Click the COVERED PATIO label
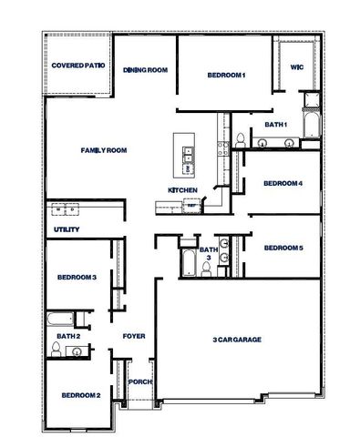click(78, 66)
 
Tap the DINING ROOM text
click(146, 69)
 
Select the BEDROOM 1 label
click(226, 75)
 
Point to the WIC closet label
click(296, 67)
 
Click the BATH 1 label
click(276, 124)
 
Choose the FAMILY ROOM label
click(103, 150)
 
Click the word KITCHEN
click(182, 189)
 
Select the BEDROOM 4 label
click(283, 183)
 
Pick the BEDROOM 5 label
click(283, 248)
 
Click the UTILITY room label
click(67, 229)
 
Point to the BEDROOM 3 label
click(77, 277)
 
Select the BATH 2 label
click(68, 336)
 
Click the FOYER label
click(134, 336)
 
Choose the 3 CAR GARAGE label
click(237, 339)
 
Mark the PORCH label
click(140, 381)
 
